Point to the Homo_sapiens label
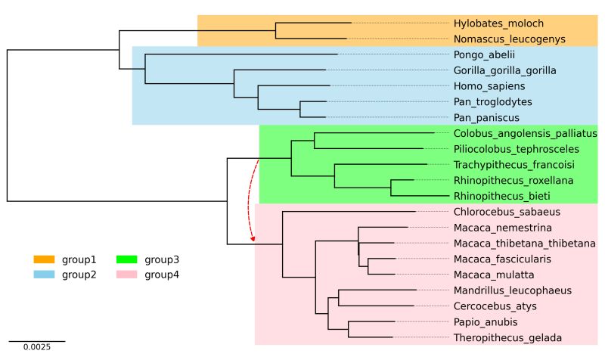(484, 86)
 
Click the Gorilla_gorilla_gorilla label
(505, 70)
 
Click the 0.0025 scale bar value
(37, 347)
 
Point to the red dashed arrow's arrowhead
(253, 240)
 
